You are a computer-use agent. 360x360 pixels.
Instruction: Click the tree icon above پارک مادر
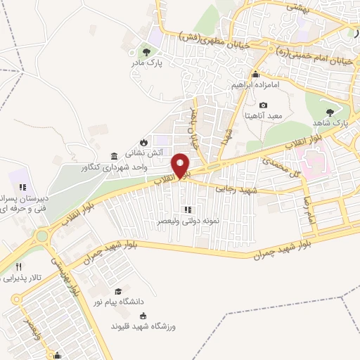(146, 51)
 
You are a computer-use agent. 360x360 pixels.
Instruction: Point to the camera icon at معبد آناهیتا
(263, 105)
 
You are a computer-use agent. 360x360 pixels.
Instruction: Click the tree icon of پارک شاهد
(330, 112)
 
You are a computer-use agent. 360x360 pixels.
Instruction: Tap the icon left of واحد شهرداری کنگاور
(114, 156)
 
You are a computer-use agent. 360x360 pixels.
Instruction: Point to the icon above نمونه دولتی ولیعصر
(187, 210)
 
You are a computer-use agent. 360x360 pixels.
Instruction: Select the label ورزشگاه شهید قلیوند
(141, 327)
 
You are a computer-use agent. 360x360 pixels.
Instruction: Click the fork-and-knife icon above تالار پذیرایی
(19, 267)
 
